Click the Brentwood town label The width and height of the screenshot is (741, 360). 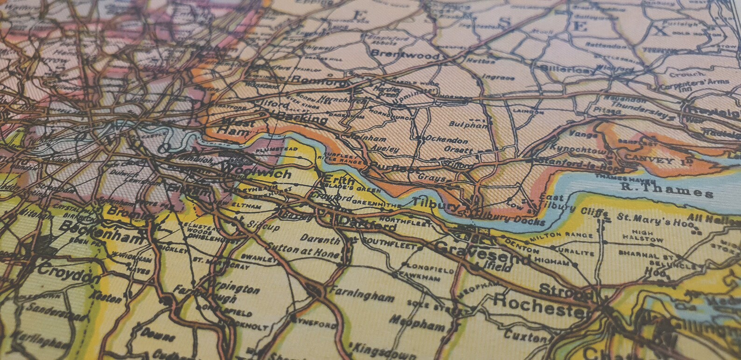pos(405,54)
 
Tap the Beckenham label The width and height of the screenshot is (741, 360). pos(101,233)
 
